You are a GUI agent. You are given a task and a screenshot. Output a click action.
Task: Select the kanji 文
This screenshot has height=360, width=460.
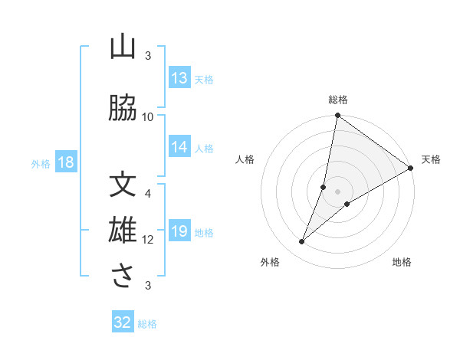(122, 186)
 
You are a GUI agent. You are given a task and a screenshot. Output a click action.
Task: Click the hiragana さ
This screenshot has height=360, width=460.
(122, 277)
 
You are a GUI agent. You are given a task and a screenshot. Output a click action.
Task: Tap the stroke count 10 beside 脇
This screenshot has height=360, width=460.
(148, 116)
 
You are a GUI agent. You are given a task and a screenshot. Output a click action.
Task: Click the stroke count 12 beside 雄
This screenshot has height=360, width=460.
(148, 240)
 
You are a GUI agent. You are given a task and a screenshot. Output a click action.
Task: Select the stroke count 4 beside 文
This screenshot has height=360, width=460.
(148, 193)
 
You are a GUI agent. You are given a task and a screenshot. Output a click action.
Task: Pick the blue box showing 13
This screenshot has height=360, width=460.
(179, 78)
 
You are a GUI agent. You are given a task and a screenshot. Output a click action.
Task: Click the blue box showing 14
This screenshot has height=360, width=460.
(179, 147)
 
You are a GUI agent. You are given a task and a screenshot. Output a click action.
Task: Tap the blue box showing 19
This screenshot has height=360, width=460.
(179, 231)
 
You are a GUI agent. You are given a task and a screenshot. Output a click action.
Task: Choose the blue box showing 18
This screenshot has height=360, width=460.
(65, 162)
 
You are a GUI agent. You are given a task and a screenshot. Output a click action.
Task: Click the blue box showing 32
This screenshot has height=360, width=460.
(123, 322)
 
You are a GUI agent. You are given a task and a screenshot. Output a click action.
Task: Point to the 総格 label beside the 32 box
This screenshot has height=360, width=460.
(147, 324)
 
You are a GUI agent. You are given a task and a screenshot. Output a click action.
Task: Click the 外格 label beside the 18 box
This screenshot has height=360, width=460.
(41, 164)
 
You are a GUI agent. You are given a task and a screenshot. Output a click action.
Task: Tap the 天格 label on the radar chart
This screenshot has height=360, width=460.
(431, 159)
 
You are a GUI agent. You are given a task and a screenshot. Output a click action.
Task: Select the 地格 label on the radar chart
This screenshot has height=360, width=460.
(402, 263)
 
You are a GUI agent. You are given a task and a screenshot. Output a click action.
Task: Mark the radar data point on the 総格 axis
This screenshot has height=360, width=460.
(337, 116)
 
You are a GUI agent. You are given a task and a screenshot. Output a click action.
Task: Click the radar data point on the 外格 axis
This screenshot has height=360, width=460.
(302, 242)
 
